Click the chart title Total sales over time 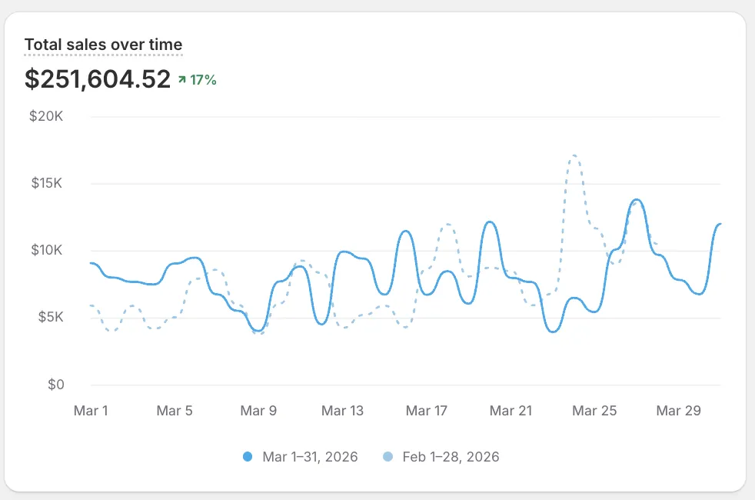tap(103, 45)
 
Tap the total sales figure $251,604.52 tap(98, 78)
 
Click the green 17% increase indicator tap(198, 79)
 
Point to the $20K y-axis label tap(50, 117)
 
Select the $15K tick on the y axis tap(50, 184)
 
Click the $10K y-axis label tap(50, 251)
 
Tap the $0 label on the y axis tap(56, 385)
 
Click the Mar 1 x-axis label tap(91, 411)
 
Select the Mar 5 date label tap(175, 411)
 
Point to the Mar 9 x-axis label tap(258, 411)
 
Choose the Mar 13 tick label tap(342, 411)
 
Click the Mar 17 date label tap(426, 411)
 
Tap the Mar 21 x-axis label tap(511, 411)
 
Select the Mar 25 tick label tap(594, 411)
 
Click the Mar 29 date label tap(678, 411)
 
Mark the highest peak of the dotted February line tap(574, 156)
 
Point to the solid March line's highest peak tap(637, 200)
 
